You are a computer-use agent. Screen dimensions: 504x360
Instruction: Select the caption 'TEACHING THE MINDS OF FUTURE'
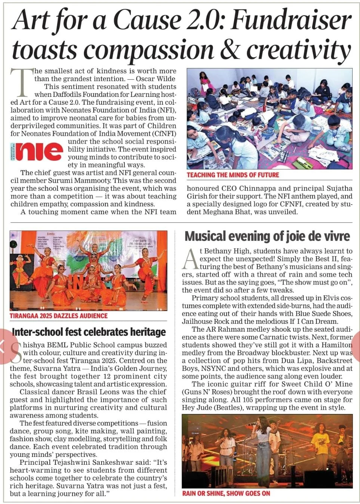coord(233,175)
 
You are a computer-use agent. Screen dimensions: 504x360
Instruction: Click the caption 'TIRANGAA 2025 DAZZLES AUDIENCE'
coord(59,316)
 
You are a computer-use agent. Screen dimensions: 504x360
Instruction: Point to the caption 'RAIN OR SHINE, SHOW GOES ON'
coord(226,493)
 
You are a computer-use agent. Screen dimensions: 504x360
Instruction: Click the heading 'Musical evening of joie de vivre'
coord(267,236)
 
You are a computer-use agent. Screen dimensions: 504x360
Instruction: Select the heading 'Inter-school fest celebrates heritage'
coord(89,332)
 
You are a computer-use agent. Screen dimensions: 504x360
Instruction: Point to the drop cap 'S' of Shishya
coord(16,353)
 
